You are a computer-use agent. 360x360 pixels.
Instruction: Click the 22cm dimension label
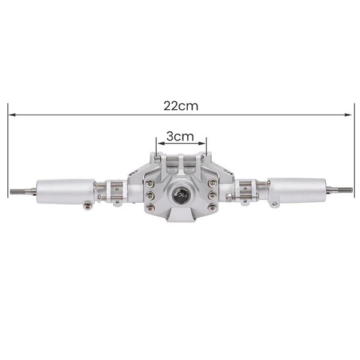[x=181, y=106]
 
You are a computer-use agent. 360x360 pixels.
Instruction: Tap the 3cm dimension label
[x=180, y=136]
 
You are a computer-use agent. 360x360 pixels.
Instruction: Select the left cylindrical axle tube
[x=65, y=191]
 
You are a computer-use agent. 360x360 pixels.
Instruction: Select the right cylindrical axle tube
[x=296, y=190]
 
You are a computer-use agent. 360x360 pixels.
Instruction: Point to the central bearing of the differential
[x=181, y=194]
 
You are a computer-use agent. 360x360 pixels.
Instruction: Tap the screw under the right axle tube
[x=275, y=205]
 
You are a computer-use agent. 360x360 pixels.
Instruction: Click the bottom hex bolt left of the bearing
[x=151, y=207]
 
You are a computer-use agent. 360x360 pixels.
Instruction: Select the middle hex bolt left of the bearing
[x=150, y=196]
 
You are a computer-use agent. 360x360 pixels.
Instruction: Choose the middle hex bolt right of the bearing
[x=211, y=195]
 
